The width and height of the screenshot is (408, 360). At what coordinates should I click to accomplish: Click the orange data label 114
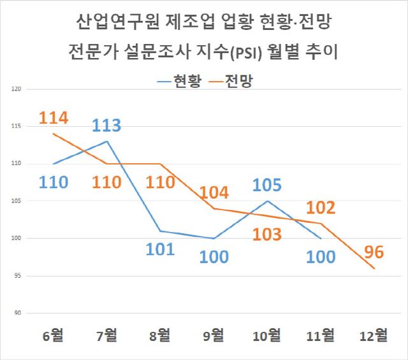(54, 118)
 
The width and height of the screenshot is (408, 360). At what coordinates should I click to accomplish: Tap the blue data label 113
(106, 125)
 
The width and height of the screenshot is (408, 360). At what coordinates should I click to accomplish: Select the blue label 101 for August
(160, 248)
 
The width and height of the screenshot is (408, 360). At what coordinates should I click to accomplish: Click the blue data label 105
(267, 185)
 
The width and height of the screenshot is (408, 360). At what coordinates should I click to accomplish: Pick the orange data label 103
(267, 234)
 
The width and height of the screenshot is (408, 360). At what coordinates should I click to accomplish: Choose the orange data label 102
(320, 208)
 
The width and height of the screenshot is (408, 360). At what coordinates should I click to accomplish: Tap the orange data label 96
(375, 252)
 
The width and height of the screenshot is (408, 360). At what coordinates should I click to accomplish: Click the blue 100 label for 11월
(321, 257)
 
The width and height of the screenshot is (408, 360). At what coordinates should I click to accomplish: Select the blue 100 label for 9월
(214, 257)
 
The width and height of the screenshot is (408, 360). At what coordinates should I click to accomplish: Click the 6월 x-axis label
(54, 334)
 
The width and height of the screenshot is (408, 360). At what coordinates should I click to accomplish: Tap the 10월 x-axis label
(267, 334)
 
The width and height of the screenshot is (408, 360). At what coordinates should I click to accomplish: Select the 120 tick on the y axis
(17, 89)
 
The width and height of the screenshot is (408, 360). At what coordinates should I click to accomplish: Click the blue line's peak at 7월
(106, 141)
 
